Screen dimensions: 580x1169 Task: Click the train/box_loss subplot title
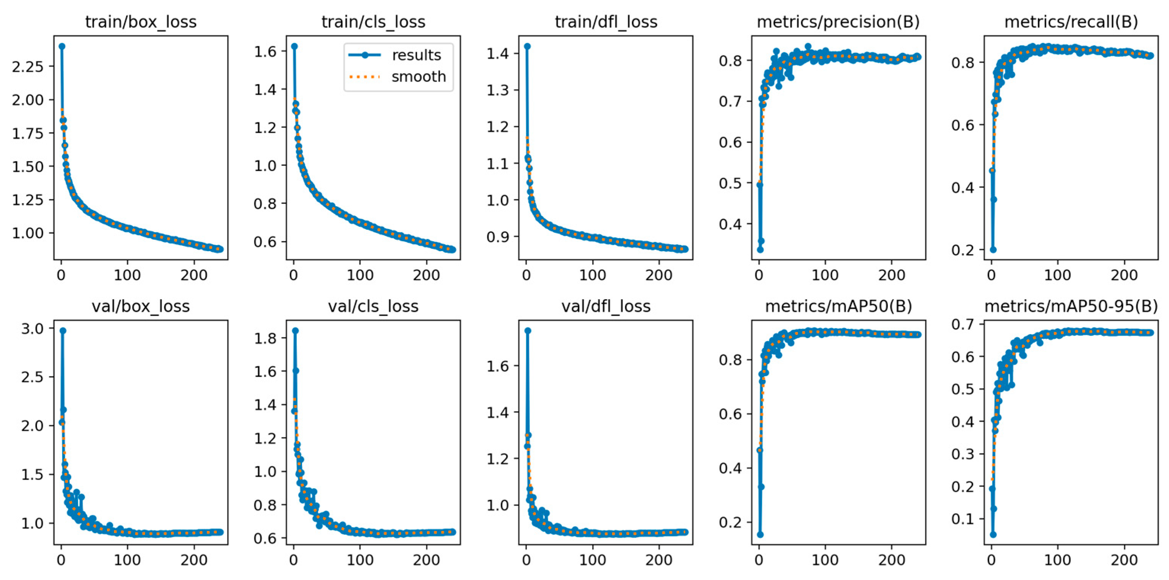tap(141, 22)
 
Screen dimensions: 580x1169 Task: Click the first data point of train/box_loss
tap(62, 46)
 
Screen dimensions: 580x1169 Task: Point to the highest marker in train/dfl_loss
tap(527, 46)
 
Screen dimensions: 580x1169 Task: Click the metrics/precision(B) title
tap(838, 22)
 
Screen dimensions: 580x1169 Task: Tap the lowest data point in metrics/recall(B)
tap(993, 249)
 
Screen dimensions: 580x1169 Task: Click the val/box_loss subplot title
tap(141, 307)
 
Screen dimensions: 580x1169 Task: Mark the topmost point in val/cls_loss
tap(295, 331)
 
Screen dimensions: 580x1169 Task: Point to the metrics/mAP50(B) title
tap(838, 307)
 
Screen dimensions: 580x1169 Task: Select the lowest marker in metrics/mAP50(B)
tap(760, 535)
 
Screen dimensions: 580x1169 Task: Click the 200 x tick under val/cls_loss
tap(426, 560)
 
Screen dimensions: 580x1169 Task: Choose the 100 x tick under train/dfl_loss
tap(592, 275)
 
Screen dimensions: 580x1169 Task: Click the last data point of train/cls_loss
tap(452, 249)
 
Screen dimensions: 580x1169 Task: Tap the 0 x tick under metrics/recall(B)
tap(992, 275)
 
